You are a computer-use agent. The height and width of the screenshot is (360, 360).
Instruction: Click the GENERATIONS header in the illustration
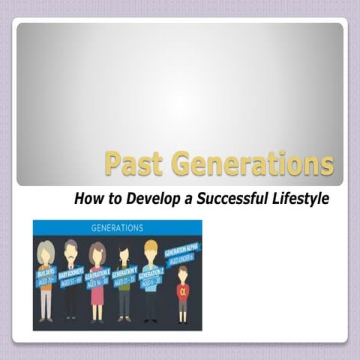tap(117, 226)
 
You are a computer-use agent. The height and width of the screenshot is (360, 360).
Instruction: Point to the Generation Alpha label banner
tap(181, 255)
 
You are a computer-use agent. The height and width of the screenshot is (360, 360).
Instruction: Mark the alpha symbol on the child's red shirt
tap(182, 291)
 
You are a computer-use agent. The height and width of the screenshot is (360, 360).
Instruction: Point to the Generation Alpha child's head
tap(182, 274)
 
